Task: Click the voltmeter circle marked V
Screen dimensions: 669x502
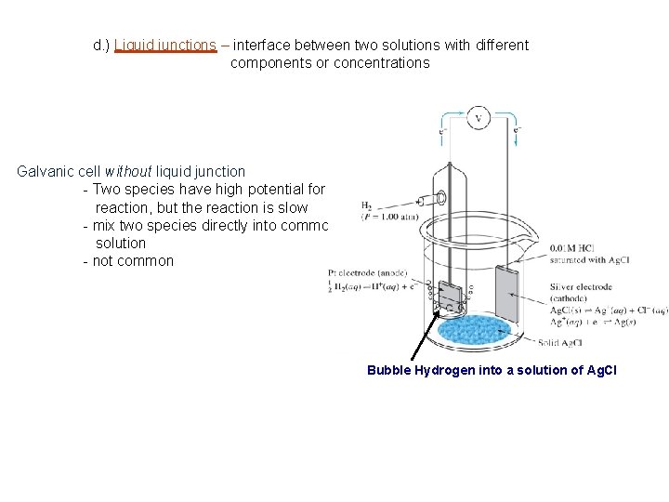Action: click(x=479, y=118)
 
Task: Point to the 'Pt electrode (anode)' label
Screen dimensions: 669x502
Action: click(x=367, y=271)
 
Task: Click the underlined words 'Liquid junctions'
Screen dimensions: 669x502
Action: click(x=164, y=45)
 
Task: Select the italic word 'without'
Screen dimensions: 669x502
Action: click(x=129, y=171)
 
